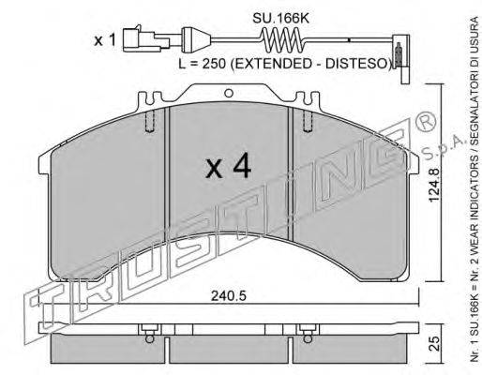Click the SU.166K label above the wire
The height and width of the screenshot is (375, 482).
tap(280, 19)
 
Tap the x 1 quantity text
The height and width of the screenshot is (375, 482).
tap(105, 40)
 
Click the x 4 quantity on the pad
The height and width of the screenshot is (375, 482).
tap(228, 166)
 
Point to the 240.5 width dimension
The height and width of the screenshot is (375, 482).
tap(229, 296)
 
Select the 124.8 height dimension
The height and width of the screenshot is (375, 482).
tap(434, 185)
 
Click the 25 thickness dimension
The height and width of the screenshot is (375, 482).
tap(434, 344)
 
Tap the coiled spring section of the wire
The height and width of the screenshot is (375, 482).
tap(281, 39)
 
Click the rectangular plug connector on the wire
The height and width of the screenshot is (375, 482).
tap(146, 39)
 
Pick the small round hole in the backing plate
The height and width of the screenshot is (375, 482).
tap(229, 93)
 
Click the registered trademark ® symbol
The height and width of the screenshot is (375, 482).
tap(426, 122)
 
